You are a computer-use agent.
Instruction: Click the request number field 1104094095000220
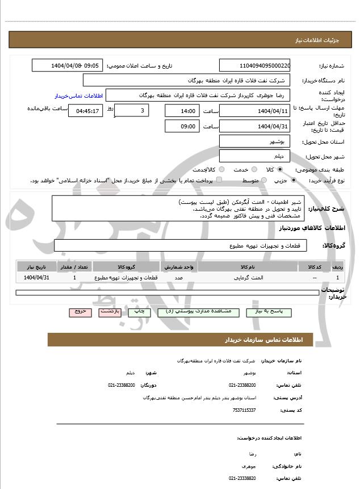pyautogui.click(x=254, y=65)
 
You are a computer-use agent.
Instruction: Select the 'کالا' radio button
pyautogui.click(x=280, y=169)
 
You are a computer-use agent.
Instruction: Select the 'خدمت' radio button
pyautogui.click(x=254, y=169)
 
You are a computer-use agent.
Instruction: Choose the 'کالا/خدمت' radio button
pyautogui.click(x=221, y=169)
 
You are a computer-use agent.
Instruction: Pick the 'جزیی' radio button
pyautogui.click(x=293, y=180)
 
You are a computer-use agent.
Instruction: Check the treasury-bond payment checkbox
pyautogui.click(x=219, y=180)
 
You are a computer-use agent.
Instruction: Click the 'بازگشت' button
pyautogui.click(x=110, y=312)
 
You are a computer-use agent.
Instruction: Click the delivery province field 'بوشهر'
pyautogui.click(x=254, y=141)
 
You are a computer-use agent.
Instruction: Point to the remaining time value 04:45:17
pyautogui.click(x=85, y=111)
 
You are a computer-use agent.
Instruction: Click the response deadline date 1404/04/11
pyautogui.click(x=254, y=111)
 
